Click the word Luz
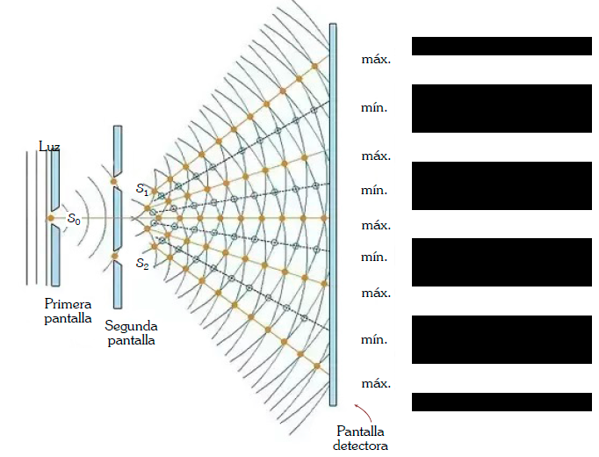49,147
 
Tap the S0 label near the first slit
74,219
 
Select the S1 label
142,190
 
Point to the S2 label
142,264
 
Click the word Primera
68,304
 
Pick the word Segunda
131,326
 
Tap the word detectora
360,446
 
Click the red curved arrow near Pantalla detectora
364,412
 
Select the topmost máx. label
376,60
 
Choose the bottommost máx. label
376,384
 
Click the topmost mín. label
374,108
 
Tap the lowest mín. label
374,340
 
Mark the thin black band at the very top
502,47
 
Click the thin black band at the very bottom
502,402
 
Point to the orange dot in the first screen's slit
50,219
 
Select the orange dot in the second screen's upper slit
114,182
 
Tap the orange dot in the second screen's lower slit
115,256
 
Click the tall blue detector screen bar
333,214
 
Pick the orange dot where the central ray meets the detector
324,218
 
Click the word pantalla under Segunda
132,340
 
